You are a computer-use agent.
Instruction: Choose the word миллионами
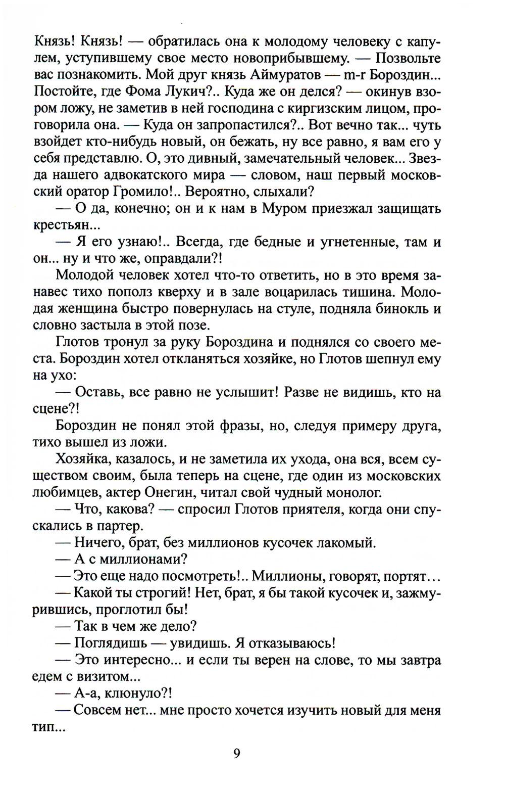pos(142,559)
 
